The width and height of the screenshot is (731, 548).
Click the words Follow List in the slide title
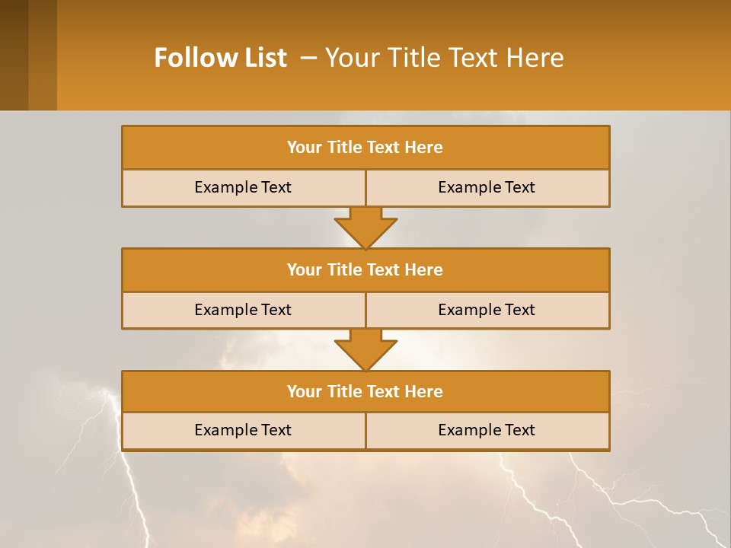220,58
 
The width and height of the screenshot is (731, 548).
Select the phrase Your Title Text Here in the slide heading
444,58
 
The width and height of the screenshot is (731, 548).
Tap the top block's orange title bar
365,148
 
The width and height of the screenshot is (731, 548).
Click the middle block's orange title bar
365,269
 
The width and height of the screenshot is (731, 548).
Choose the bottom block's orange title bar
365,391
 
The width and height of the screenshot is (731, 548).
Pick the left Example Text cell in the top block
243,187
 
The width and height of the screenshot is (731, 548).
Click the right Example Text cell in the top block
487,187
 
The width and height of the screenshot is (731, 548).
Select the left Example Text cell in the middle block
243,310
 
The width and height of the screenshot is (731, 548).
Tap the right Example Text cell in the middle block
487,310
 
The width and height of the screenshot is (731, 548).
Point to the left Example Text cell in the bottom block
243,430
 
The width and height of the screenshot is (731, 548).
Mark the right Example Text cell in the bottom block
487,430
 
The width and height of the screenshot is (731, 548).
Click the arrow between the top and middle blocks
365,227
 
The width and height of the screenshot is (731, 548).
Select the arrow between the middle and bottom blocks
365,349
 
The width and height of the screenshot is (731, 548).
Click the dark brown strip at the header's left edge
14,55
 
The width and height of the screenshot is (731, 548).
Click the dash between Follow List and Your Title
308,58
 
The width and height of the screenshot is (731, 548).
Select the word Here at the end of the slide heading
538,58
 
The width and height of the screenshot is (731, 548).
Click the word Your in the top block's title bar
304,148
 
